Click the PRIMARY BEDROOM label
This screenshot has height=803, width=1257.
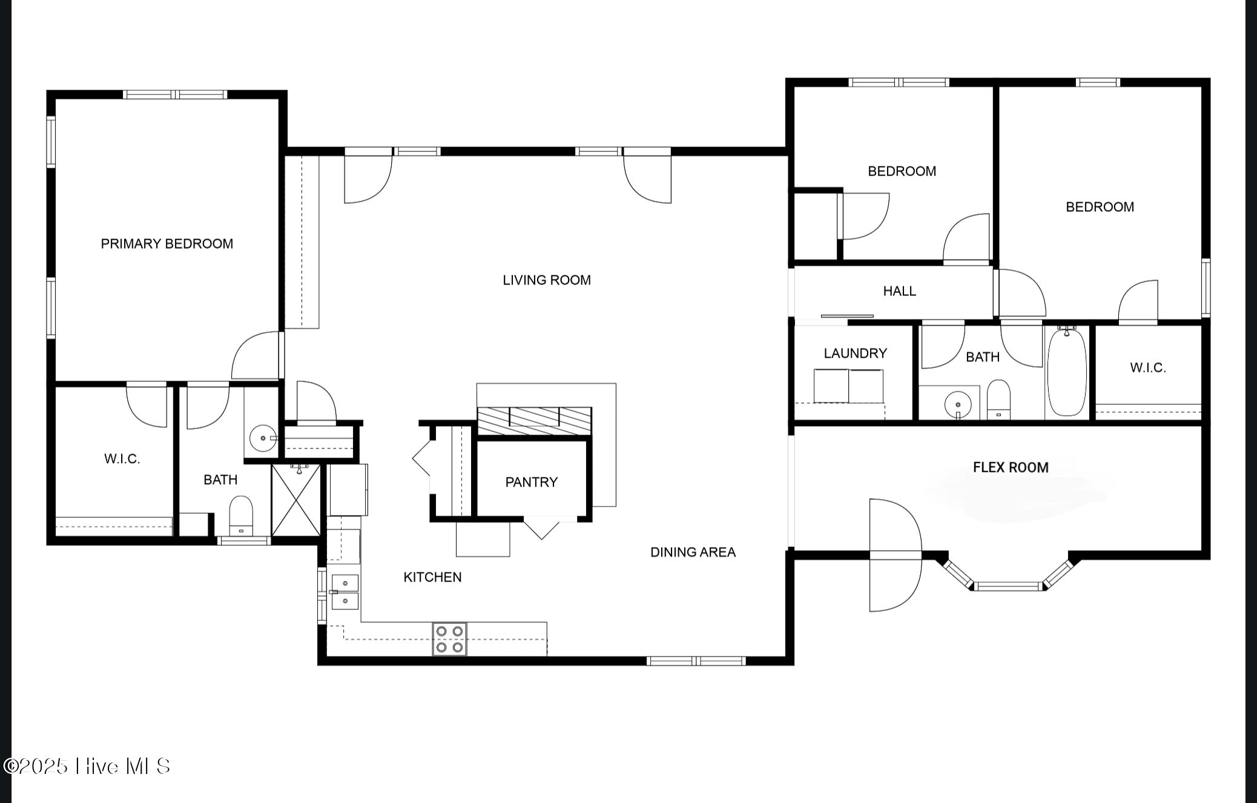(167, 244)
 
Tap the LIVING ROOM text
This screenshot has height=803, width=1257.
(547, 280)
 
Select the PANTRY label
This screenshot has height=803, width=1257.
(532, 482)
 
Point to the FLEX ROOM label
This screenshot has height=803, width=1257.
(1011, 467)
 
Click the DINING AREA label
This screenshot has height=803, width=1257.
(693, 552)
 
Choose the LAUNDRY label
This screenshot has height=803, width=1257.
(855, 353)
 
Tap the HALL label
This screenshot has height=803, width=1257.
(899, 291)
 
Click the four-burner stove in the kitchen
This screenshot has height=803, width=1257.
(449, 639)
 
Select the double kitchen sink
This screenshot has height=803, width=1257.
(345, 592)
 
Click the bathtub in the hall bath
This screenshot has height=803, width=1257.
(1067, 372)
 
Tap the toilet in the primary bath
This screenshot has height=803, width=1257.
(241, 516)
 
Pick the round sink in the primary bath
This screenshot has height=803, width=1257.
(263, 438)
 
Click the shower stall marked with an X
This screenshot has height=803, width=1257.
(295, 500)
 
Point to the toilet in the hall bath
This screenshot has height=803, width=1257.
(998, 399)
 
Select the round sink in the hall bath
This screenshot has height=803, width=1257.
(958, 405)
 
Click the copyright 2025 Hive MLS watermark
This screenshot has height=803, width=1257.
(87, 766)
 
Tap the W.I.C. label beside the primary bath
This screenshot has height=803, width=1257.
(122, 459)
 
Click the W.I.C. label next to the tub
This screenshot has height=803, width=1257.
(1148, 368)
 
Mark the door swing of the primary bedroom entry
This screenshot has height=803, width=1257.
(256, 355)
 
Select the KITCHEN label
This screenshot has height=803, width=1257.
(432, 577)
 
